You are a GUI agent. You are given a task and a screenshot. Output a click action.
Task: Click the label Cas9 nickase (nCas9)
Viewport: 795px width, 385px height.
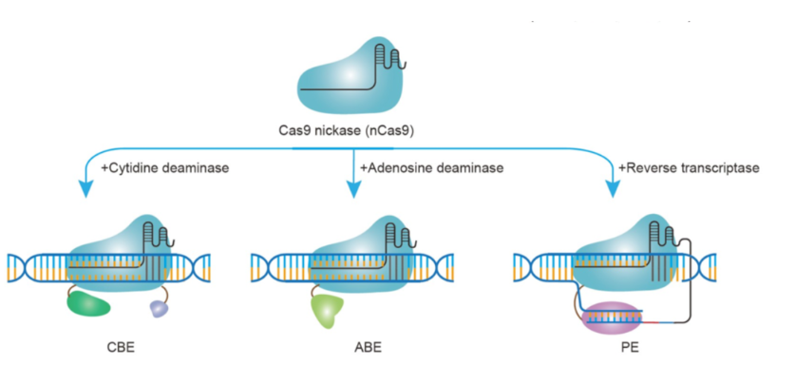coord(347,130)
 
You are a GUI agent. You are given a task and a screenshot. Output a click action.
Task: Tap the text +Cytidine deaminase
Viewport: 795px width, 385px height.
coord(164,168)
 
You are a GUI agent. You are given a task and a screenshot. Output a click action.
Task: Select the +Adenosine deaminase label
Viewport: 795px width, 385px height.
coord(431,168)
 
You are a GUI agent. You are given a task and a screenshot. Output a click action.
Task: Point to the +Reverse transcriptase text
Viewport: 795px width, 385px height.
coord(689,168)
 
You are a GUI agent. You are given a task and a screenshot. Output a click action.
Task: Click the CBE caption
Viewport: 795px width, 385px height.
coord(122,349)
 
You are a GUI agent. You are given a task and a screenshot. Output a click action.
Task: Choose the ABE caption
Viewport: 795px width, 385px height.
coord(368,349)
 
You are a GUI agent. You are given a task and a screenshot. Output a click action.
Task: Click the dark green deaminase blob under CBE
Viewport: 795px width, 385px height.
coord(88,304)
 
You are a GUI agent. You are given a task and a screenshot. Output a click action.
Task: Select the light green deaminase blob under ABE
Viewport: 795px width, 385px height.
coord(327,311)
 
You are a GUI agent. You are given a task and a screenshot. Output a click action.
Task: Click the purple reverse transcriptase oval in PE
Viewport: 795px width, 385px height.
coord(613,318)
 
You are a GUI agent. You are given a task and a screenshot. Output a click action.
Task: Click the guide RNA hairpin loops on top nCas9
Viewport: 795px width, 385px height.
coord(390,57)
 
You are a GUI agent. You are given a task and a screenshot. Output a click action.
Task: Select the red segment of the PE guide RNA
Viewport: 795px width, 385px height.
coord(651,321)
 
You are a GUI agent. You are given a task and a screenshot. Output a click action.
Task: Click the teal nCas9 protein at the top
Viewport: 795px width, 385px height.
coord(349,76)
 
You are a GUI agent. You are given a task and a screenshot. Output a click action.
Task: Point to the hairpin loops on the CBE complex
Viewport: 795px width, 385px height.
coord(160,233)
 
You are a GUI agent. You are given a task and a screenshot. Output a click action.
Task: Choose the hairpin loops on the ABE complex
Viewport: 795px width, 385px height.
coord(401,233)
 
